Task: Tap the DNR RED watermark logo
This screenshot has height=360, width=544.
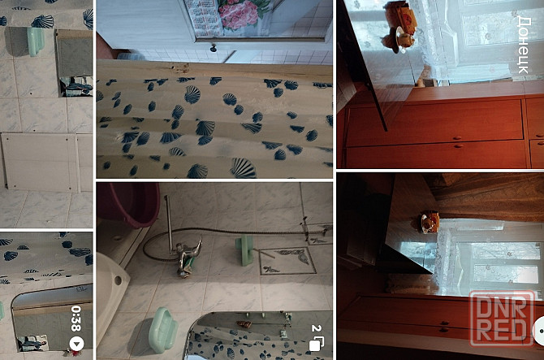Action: (501, 319)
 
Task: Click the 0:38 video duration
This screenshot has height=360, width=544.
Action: (76, 319)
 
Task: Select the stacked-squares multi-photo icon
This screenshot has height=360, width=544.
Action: (316, 344)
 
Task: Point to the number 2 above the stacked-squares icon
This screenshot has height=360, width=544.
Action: (316, 328)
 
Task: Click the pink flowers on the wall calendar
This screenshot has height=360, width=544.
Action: (239, 14)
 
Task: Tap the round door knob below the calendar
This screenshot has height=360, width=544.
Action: (214, 48)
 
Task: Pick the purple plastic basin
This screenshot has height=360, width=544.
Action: (128, 204)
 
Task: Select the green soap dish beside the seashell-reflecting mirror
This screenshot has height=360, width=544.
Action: (163, 330)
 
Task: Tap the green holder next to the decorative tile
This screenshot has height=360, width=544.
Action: (245, 250)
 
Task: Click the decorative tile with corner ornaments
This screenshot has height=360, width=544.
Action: (287, 261)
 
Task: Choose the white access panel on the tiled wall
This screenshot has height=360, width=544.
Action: (40, 163)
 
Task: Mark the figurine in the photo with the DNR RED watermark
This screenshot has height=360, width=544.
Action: (430, 221)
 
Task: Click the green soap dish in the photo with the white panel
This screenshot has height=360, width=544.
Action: (36, 41)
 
